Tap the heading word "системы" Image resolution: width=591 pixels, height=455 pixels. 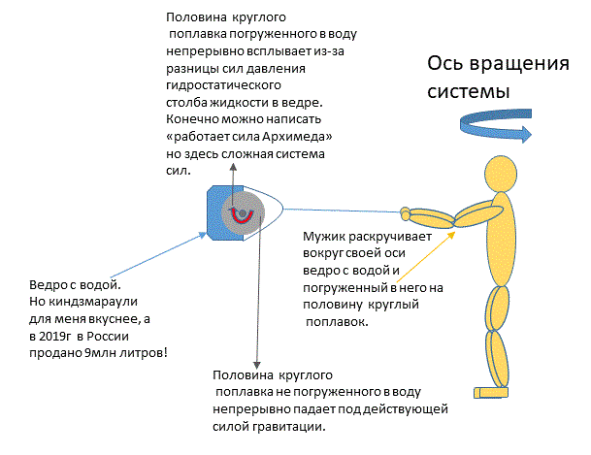[469, 91]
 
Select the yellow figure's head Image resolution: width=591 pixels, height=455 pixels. [501, 174]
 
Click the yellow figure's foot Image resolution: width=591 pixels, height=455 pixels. [491, 393]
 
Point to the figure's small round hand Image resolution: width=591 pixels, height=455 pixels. [405, 213]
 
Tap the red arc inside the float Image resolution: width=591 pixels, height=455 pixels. [242, 217]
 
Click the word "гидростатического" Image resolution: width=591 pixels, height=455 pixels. [223, 85]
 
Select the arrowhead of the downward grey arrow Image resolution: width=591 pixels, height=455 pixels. [256, 366]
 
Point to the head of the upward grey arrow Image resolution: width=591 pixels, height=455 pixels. [233, 167]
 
